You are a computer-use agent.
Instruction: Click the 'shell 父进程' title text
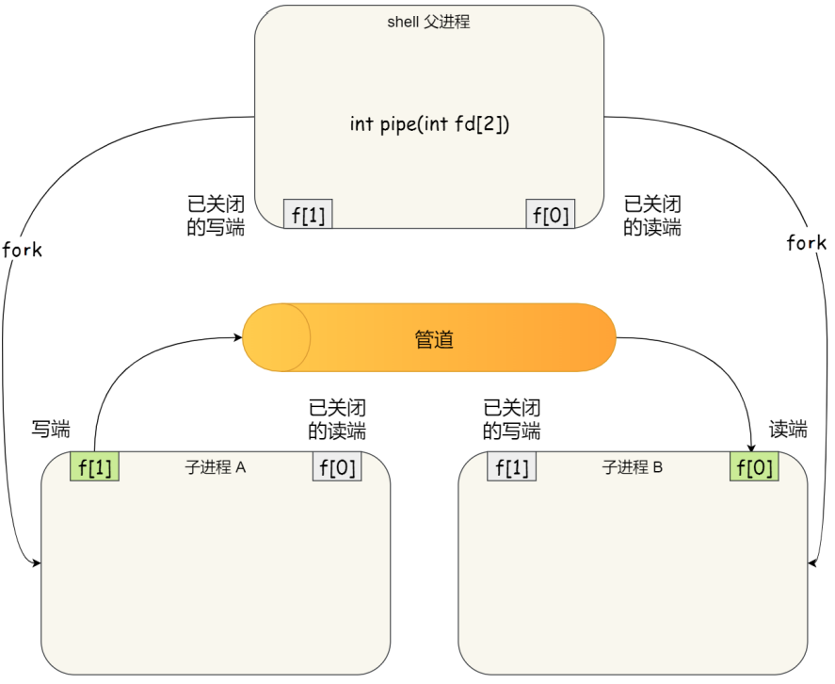coord(428,22)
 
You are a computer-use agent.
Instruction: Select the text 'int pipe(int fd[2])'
coord(429,123)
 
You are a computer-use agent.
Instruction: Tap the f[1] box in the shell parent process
coord(308,215)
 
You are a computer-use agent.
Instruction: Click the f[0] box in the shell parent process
coord(551,215)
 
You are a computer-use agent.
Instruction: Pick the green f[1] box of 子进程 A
coord(95,467)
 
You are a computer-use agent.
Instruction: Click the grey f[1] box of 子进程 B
coord(512,467)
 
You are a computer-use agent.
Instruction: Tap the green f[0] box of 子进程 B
coord(754,467)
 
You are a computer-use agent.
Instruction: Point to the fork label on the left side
coord(23,251)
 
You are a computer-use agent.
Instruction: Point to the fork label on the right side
coord(807,243)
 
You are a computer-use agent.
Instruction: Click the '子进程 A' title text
coord(216,466)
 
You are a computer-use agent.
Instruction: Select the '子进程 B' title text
coord(633,466)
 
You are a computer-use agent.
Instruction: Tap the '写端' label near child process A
coord(51,430)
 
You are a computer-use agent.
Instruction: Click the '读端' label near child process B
coord(788,430)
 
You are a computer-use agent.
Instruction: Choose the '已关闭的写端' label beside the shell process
coord(217,216)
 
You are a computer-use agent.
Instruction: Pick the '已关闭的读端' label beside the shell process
coord(652,216)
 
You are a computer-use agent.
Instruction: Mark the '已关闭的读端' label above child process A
coord(337,420)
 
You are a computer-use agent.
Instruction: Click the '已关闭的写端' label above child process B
coord(511,420)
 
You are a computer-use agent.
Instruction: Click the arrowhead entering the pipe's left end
coord(238,335)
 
